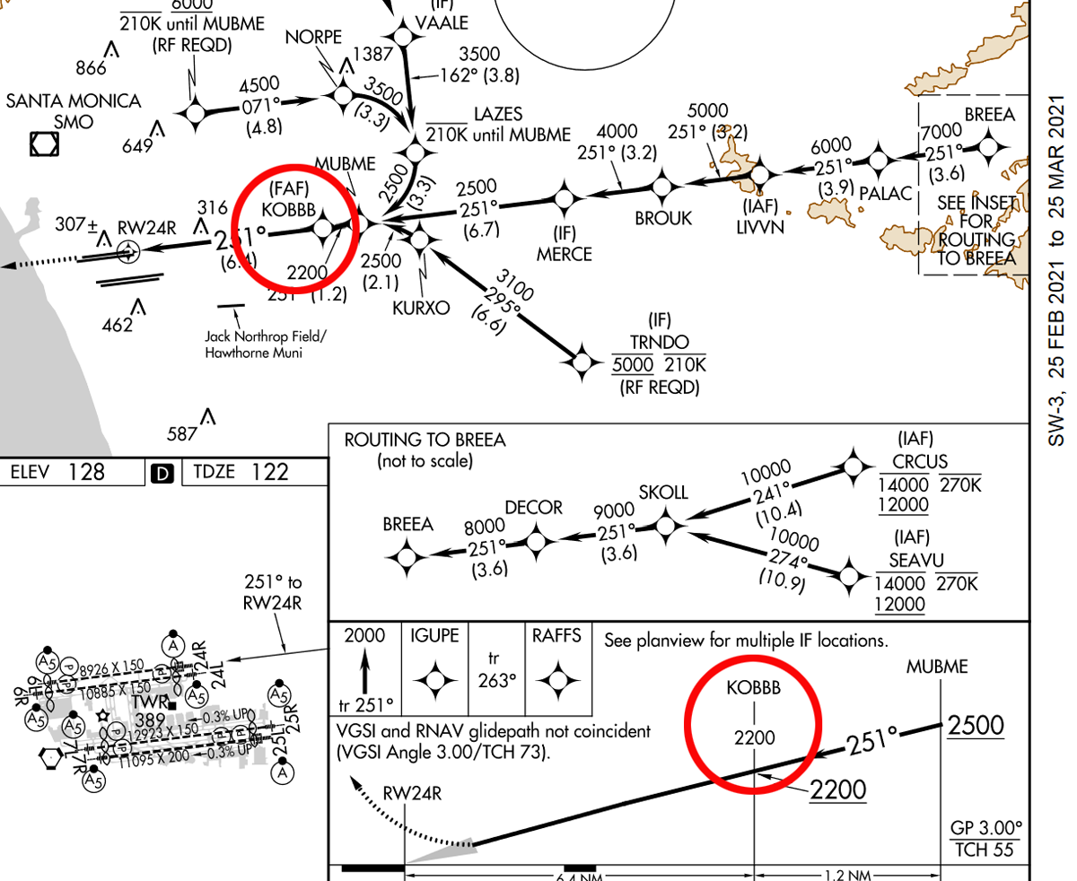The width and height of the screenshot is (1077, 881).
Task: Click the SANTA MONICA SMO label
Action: click(x=74, y=110)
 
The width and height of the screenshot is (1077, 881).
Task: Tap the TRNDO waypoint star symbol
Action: click(x=583, y=361)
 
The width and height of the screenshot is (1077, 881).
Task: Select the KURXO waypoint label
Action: click(x=420, y=308)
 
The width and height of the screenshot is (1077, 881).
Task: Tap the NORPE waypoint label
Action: click(x=314, y=38)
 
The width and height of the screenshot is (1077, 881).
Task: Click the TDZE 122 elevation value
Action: click(x=268, y=472)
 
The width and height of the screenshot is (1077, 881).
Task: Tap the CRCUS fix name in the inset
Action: click(x=915, y=462)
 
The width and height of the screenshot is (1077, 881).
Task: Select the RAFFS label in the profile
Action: click(x=556, y=636)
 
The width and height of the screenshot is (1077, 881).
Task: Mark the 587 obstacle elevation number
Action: click(x=181, y=434)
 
